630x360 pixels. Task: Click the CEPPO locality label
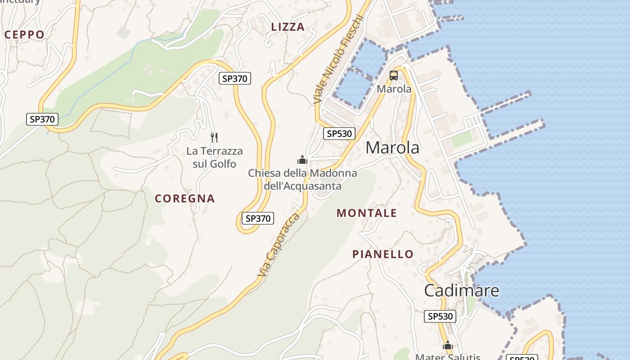point(24,35)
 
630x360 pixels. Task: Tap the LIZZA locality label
point(288,27)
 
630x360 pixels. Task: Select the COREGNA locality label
point(184,198)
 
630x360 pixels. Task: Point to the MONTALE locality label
point(367,213)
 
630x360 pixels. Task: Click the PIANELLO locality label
point(382,254)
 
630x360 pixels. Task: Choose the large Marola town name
point(392,148)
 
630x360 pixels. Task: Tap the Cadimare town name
point(462,290)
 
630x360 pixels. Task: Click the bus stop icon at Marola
point(394,76)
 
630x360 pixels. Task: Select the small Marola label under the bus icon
point(394,89)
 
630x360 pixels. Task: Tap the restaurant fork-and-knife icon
point(214,137)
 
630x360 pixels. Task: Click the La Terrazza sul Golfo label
point(214,157)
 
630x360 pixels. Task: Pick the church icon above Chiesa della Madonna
point(302,160)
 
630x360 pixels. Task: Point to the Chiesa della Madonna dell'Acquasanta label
point(302,180)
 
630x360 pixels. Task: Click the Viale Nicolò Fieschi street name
point(338,58)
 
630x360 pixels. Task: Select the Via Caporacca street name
point(278,245)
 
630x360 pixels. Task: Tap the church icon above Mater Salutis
point(447,346)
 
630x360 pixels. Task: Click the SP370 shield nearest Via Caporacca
point(257,219)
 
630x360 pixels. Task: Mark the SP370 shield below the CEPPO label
point(42,119)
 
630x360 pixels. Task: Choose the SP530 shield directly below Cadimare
point(440,316)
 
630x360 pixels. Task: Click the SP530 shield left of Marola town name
point(339,134)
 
